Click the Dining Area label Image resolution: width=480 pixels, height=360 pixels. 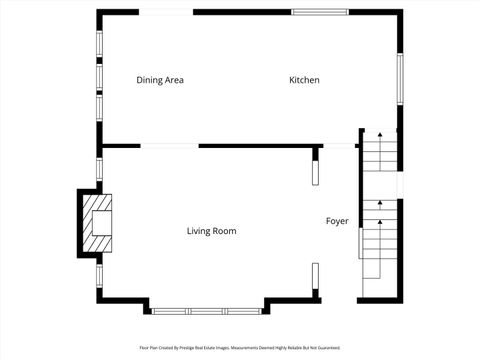click(160, 80)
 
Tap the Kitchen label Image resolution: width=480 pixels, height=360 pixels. click(304, 80)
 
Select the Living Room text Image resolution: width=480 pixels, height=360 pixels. click(211, 231)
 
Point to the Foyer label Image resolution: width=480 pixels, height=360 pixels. click(337, 221)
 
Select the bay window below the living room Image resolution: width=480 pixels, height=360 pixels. click(207, 310)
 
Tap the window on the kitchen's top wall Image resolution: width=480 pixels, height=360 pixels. click(320, 12)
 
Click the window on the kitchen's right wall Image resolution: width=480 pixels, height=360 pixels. click(399, 79)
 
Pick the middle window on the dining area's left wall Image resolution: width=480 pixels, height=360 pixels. click(98, 78)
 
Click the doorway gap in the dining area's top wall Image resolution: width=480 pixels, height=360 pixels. click(166, 12)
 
